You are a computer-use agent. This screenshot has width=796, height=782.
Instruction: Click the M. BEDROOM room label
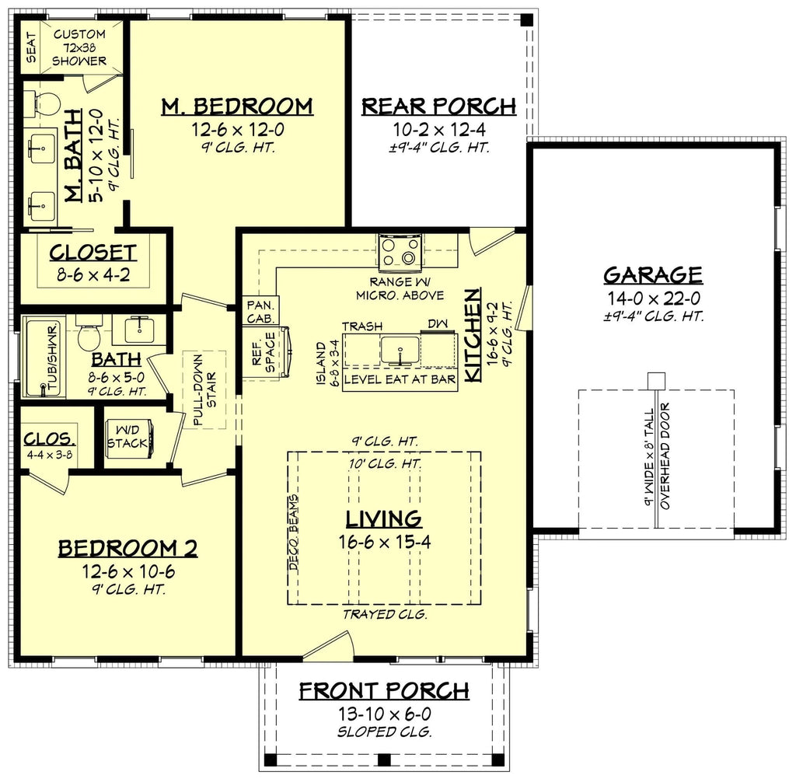pyautogui.click(x=237, y=106)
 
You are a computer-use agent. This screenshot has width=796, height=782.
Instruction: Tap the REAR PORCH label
pyautogui.click(x=438, y=106)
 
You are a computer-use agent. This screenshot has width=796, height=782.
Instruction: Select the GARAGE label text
pyautogui.click(x=653, y=275)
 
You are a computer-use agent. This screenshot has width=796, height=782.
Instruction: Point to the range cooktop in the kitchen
pyautogui.click(x=400, y=251)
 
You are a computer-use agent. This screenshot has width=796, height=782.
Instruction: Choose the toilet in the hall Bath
pyautogui.click(x=87, y=335)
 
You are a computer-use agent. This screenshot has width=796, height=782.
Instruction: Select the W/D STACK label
pyautogui.click(x=127, y=436)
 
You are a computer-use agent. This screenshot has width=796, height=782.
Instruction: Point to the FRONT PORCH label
pyautogui.click(x=384, y=690)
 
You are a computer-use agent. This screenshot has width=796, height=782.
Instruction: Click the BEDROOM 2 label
pyautogui.click(x=127, y=549)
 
